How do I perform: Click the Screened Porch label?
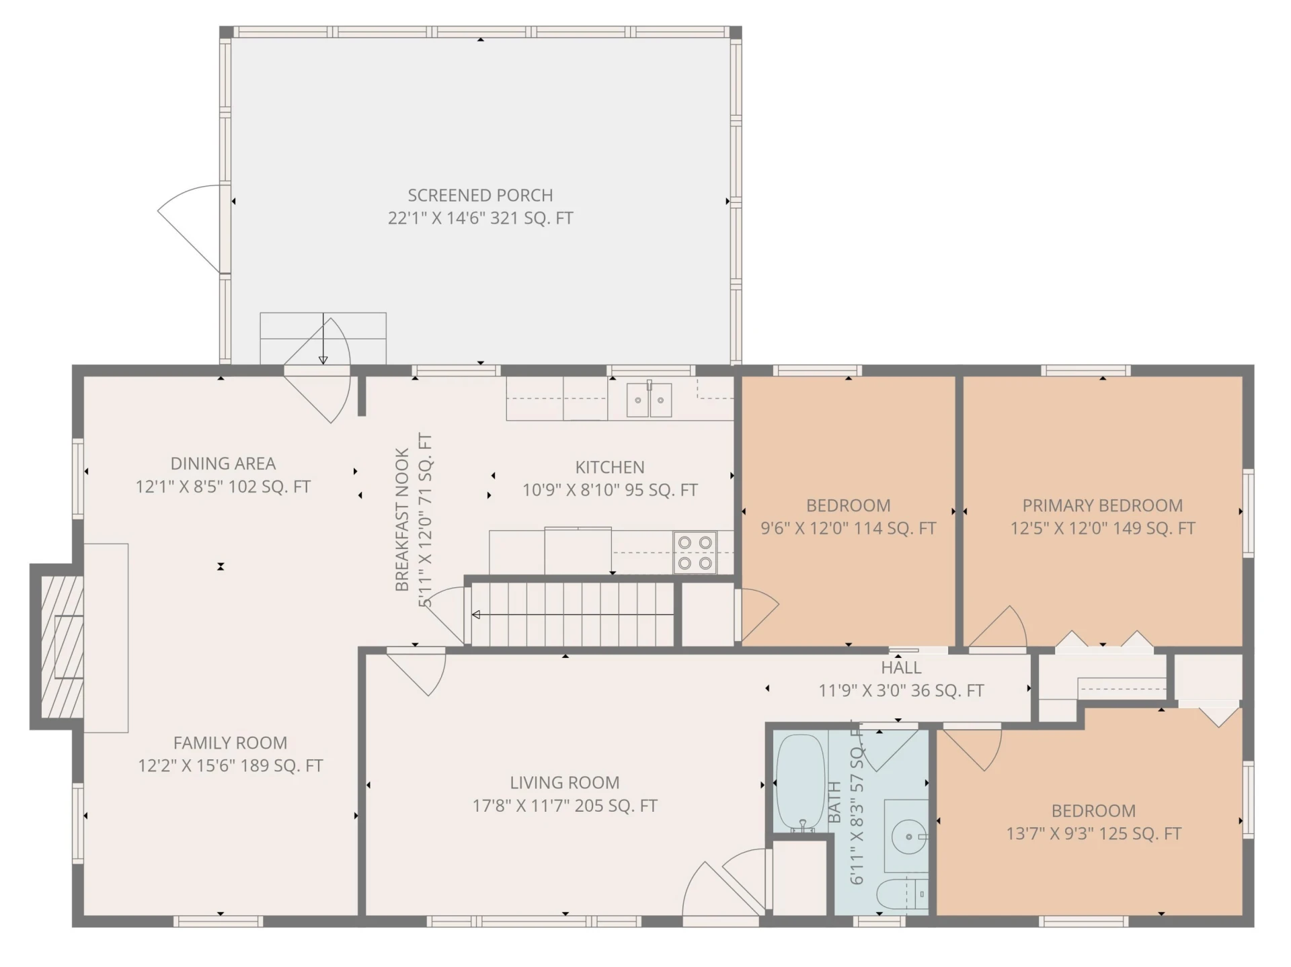pos(480,196)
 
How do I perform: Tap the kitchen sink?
pos(649,400)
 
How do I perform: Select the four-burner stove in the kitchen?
pos(695,552)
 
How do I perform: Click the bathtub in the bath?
pos(800,783)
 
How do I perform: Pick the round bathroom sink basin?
pos(908,837)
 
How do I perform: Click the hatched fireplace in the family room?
pos(62,646)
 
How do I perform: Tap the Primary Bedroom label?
pos(1103,505)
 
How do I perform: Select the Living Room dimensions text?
pos(565,806)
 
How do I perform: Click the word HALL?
pos(901,668)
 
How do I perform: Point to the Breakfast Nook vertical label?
pos(402,520)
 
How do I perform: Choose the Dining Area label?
pos(223,464)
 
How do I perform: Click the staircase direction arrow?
pos(572,614)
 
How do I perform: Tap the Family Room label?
pos(230,743)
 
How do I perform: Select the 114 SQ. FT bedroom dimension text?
pos(849,528)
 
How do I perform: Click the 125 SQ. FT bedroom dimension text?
pos(1094,834)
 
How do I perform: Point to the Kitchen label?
pos(610,467)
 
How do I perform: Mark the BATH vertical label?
pos(834,802)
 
